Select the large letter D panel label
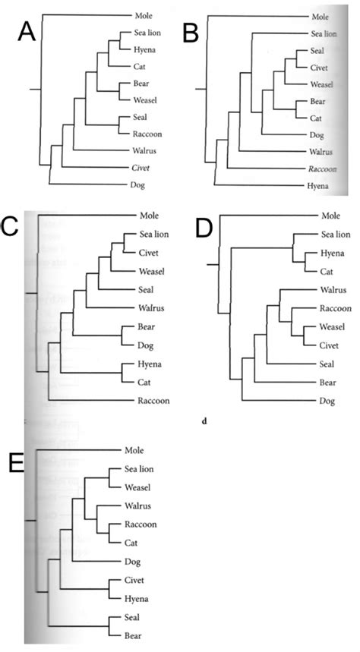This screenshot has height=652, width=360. (x=204, y=226)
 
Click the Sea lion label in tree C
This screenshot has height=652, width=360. (x=153, y=234)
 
